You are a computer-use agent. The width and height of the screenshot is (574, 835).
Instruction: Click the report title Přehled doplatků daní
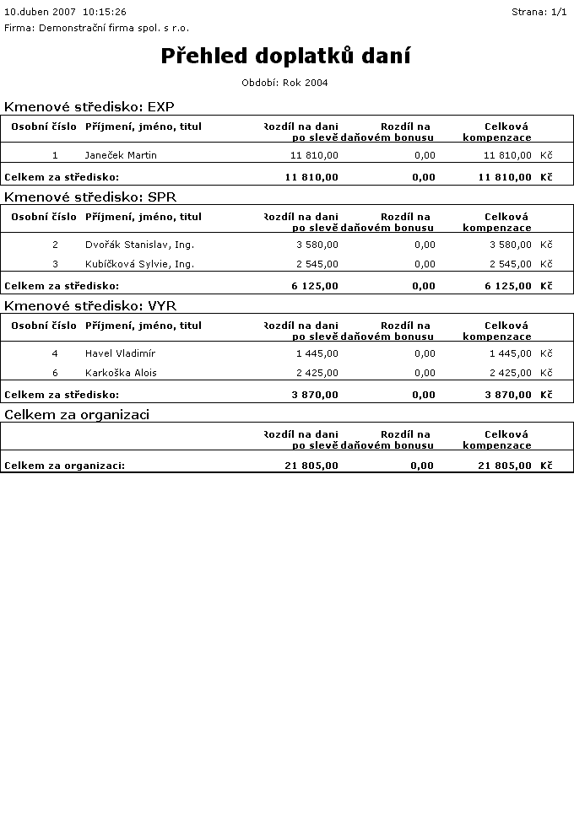285,56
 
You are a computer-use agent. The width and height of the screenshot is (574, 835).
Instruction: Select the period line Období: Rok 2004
284,83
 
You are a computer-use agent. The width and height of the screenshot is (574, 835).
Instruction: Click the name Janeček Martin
121,155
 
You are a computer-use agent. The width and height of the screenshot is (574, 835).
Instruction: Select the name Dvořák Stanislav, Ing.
139,245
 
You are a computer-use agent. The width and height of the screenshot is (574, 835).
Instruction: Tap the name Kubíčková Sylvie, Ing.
139,264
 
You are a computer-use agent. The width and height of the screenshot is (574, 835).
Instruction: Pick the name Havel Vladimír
120,353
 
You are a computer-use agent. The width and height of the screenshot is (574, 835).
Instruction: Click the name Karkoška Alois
121,373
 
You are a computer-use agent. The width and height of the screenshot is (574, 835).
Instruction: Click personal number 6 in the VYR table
55,373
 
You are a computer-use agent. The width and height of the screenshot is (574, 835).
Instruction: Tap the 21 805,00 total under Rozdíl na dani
311,466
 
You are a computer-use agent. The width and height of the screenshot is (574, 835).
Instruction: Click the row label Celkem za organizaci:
64,466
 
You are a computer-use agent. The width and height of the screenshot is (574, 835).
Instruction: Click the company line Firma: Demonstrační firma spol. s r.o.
96,28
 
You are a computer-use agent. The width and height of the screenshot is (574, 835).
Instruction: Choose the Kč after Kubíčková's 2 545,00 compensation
546,264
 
